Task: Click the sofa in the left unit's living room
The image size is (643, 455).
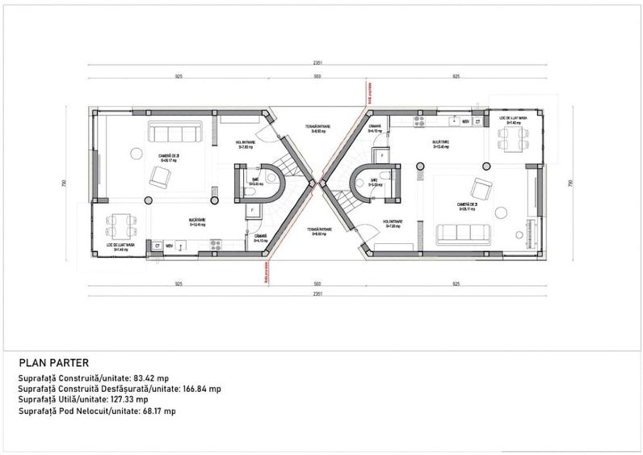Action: (x=174, y=133)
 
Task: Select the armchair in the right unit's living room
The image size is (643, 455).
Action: (x=481, y=189)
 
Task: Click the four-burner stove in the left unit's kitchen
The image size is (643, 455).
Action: (x=216, y=243)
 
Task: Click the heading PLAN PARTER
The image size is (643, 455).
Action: (x=53, y=363)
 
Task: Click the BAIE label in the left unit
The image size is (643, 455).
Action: (x=254, y=179)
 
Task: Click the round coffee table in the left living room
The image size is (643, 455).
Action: (x=148, y=200)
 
